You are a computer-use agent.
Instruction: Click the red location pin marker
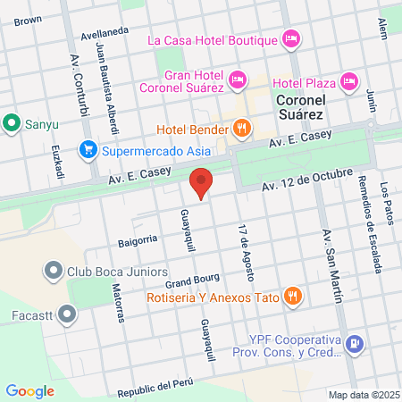pos(202,183)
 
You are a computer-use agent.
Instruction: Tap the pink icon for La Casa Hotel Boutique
pos(289,38)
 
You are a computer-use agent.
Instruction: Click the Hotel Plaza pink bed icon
pos(349,80)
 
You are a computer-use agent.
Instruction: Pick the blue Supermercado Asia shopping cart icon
pos(87,149)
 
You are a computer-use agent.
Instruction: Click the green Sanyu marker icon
pos(12,122)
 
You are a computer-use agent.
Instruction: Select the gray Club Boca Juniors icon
pos(51,271)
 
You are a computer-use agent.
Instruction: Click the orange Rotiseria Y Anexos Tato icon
pos(291,296)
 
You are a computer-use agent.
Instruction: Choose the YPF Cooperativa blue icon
pos(356,343)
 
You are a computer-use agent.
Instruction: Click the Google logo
pos(29,390)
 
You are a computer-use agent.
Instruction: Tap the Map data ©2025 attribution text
pos(364,395)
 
